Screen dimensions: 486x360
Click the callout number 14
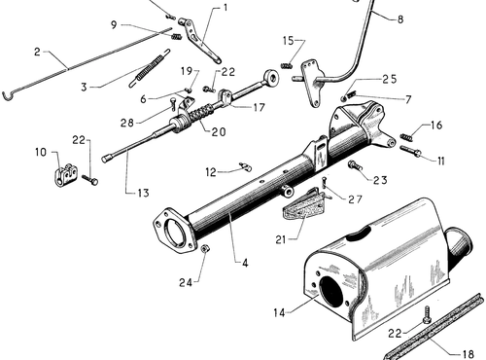(x=279, y=312)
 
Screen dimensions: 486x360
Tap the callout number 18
(x=468, y=354)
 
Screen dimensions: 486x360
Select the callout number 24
(x=186, y=282)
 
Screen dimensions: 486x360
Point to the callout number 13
(x=143, y=193)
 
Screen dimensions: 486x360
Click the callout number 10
(x=41, y=152)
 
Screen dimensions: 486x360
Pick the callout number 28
(x=127, y=123)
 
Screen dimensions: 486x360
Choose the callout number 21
(x=281, y=239)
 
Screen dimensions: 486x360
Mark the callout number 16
(x=436, y=125)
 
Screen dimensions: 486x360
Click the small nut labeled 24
(x=205, y=249)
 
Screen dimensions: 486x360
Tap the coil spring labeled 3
(x=150, y=68)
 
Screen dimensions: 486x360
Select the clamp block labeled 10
(x=66, y=175)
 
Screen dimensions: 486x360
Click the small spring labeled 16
(x=406, y=137)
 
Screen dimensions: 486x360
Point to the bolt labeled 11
(x=411, y=152)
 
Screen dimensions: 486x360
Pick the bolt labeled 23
(x=355, y=165)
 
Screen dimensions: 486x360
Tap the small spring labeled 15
(x=287, y=66)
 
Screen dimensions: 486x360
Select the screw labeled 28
(x=172, y=104)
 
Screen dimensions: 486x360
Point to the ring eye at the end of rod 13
(x=271, y=78)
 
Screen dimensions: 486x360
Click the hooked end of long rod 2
(x=7, y=95)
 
